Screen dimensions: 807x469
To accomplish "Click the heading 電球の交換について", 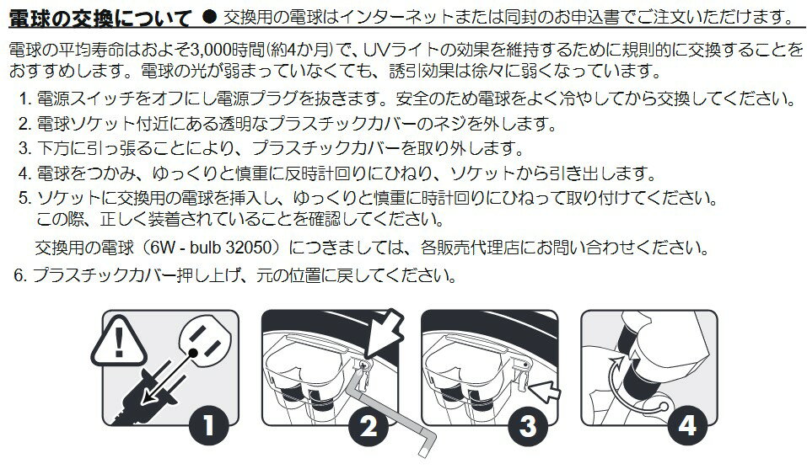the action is [100, 19].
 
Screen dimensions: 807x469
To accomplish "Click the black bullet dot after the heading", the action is [208, 17].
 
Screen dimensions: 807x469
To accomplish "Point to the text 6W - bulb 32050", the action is [211, 247].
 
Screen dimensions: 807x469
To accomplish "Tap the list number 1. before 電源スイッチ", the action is [26, 98].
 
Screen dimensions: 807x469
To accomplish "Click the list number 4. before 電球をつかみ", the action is [25, 173].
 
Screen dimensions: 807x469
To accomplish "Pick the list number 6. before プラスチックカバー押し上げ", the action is [20, 275].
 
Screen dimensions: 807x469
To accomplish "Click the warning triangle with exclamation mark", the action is [119, 342].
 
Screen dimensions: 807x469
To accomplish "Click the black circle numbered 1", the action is [208, 425].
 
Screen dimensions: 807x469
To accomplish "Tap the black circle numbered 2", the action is [369, 425].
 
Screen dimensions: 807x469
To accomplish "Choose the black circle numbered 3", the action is [529, 425].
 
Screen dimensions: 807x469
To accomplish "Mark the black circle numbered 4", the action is [688, 425].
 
